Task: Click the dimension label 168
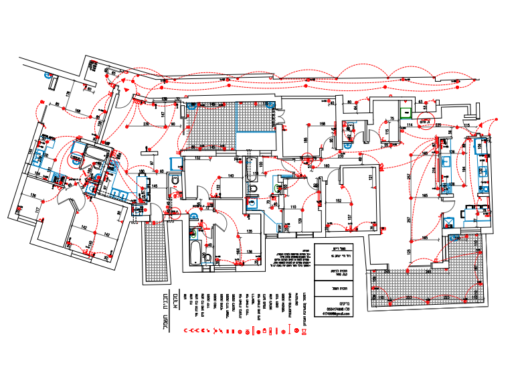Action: (78, 111)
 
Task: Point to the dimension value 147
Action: (163, 115)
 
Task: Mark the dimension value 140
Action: (230, 175)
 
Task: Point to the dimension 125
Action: (409, 250)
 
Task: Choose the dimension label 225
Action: (438, 125)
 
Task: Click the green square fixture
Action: (405, 113)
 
